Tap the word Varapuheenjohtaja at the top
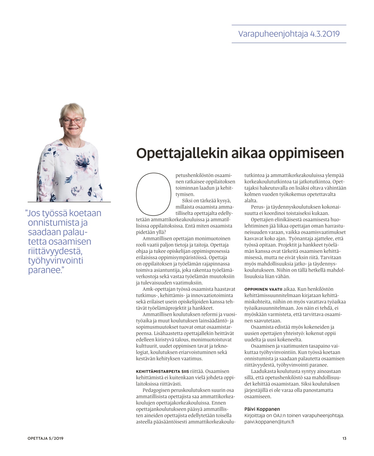coord(273,34)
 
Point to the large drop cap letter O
coord(154,194)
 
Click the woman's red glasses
coord(73,121)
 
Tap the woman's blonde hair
coord(73,110)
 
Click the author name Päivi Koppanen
coord(262,409)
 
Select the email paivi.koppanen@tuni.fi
coord(269,421)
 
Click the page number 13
coord(344,438)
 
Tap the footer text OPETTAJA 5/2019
coord(45,438)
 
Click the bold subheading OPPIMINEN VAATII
coord(263,289)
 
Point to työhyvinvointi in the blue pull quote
coord(55,260)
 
